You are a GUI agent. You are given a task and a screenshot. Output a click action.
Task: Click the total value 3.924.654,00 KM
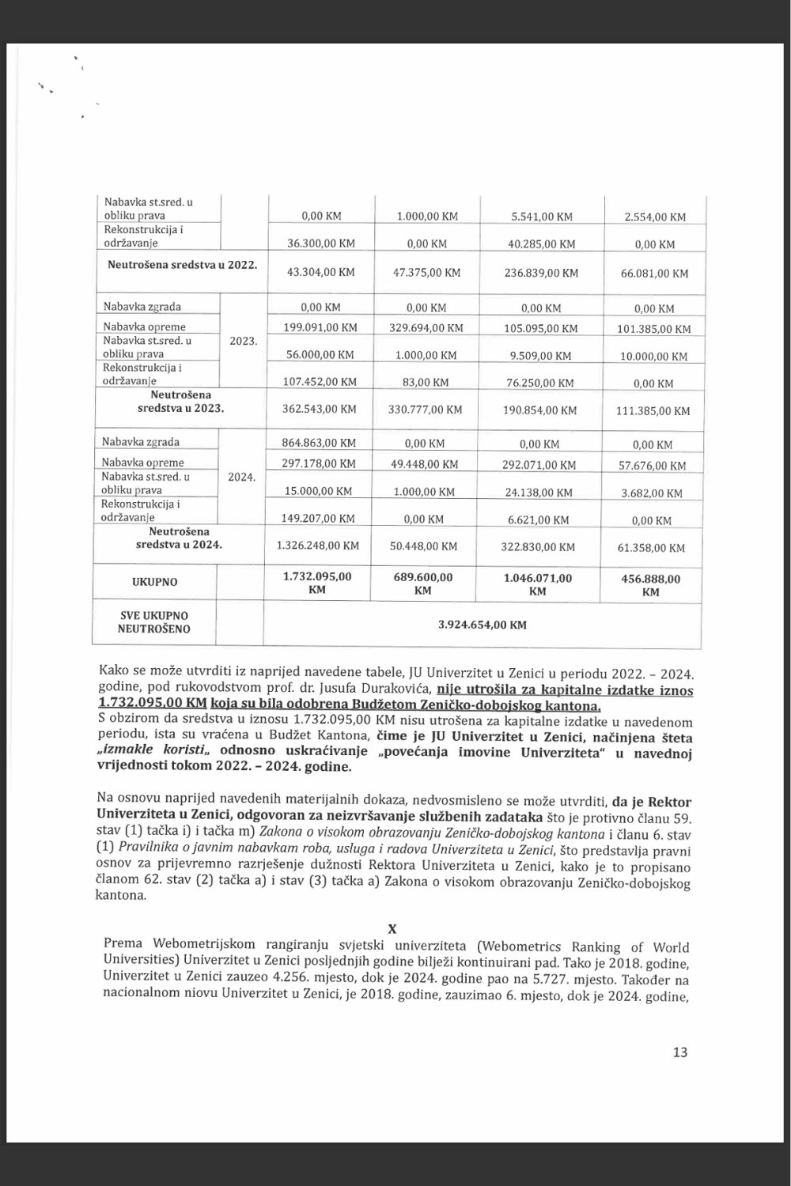(x=482, y=625)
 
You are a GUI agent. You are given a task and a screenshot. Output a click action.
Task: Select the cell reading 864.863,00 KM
(x=319, y=443)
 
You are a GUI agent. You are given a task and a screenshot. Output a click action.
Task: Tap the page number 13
(x=679, y=1052)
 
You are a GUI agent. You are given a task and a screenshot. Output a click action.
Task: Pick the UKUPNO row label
(x=154, y=582)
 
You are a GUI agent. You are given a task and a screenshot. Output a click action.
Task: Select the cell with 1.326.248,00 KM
(x=318, y=546)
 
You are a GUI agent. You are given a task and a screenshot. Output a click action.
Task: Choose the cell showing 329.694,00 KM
(x=426, y=328)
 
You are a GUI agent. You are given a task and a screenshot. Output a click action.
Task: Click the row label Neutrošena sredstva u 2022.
(x=182, y=265)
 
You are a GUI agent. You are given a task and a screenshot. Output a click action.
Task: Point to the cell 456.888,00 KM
(x=651, y=585)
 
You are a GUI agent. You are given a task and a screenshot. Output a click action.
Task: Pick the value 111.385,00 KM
(x=653, y=410)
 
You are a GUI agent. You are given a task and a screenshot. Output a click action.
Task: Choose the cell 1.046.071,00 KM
(x=537, y=584)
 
